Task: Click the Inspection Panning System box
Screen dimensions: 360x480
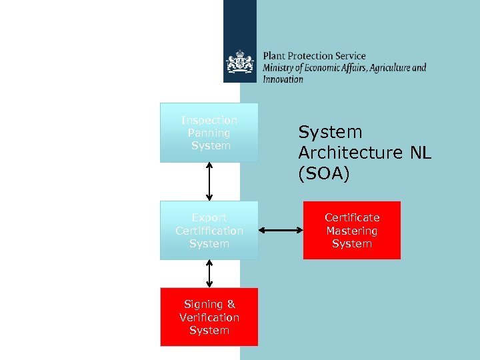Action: [x=209, y=133]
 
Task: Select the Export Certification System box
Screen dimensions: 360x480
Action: [x=209, y=231]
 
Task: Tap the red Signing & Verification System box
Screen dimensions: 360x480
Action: [x=209, y=317]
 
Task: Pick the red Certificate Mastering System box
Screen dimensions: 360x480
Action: [x=351, y=231]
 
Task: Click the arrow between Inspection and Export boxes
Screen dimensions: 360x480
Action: [x=209, y=181]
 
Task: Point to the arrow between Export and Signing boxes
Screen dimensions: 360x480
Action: [x=209, y=273]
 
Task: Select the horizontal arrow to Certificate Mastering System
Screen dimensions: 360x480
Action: [x=280, y=231]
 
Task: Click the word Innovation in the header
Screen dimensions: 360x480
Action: [x=283, y=79]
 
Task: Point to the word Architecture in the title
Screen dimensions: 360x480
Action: [x=350, y=153]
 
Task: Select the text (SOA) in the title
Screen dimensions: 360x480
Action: [x=323, y=173]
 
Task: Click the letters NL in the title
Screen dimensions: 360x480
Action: [x=421, y=153]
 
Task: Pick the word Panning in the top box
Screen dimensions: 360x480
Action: [x=209, y=133]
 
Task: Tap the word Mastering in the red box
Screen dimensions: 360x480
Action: [x=351, y=231]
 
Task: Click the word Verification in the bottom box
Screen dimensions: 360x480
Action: [x=209, y=317]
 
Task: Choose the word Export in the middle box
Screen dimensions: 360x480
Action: [x=209, y=218]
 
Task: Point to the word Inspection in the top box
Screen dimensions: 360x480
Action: [x=209, y=120]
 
